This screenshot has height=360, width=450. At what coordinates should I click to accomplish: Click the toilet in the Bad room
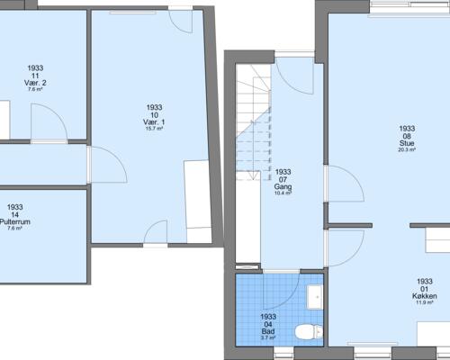[310, 331]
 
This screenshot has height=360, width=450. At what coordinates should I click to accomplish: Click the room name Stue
[405, 143]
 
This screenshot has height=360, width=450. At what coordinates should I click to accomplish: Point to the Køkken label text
[426, 296]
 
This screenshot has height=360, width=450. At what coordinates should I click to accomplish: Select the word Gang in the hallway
[283, 186]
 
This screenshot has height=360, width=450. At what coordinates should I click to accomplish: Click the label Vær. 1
[154, 121]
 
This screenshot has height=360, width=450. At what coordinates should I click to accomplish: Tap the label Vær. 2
[36, 83]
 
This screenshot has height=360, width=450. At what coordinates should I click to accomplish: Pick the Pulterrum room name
[13, 221]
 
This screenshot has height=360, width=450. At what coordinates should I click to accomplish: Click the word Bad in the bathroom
[267, 329]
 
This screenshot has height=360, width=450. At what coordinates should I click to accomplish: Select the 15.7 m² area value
[154, 129]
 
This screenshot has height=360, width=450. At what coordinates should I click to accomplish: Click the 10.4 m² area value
[283, 193]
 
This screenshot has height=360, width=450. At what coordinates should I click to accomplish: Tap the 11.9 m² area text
[426, 303]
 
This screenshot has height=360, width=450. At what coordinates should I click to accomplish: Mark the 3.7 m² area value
[267, 337]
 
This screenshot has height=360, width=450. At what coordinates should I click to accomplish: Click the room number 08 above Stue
[405, 136]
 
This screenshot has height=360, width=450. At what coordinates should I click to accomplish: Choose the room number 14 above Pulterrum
[13, 214]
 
